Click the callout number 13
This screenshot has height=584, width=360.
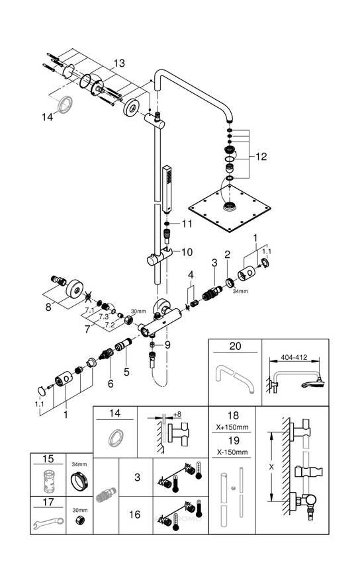[119, 63]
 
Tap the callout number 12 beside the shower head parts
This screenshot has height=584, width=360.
[261, 157]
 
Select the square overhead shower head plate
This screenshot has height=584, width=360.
[230, 208]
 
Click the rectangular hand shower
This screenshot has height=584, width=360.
[167, 189]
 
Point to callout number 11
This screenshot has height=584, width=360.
[187, 224]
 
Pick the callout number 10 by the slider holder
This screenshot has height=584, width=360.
[187, 252]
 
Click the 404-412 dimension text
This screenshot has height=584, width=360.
[294, 358]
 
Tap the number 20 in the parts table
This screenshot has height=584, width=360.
[235, 346]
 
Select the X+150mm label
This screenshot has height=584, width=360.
[232, 427]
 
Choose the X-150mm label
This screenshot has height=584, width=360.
[232, 452]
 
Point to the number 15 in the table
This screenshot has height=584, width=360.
[48, 459]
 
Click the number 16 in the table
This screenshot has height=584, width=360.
[134, 515]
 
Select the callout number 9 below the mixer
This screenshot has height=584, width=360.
[167, 345]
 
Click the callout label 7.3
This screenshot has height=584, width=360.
[103, 316]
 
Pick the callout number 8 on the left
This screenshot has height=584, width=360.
[48, 308]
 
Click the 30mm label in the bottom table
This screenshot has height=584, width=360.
[80, 510]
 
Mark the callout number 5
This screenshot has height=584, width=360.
[126, 372]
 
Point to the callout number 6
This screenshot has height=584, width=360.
[111, 383]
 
